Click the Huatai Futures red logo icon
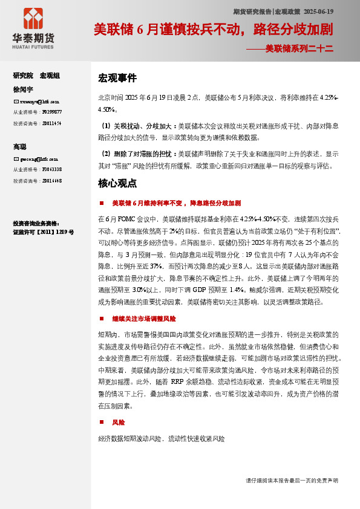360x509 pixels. (33, 19)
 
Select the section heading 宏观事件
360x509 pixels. (117, 78)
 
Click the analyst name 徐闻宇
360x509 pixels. (22, 89)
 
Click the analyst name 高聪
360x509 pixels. (20, 147)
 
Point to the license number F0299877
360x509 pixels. (51, 112)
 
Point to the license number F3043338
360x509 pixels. (51, 169)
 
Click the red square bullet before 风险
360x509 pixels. (102, 423)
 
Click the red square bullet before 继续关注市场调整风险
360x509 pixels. (102, 319)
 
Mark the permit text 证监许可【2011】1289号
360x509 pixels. (44, 232)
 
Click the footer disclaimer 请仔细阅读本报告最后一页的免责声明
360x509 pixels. (292, 480)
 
